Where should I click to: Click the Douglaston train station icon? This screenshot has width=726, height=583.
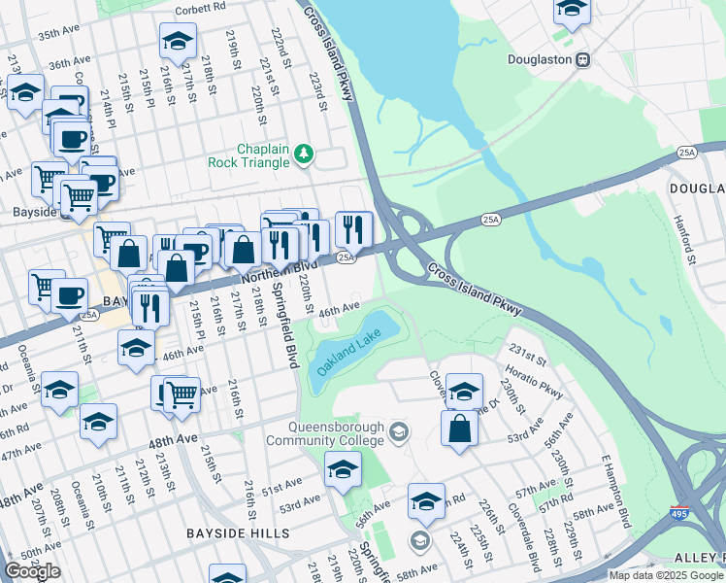pyautogui.click(x=583, y=59)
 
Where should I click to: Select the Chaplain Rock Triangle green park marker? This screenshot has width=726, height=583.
pyautogui.click(x=305, y=153)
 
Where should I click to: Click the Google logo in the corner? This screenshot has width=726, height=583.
pyautogui.click(x=32, y=571)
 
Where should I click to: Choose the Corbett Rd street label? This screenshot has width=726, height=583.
pyautogui.click(x=199, y=11)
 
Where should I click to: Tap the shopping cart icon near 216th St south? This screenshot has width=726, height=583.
pyautogui.click(x=181, y=394)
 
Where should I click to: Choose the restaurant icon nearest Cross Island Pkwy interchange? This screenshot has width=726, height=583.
pyautogui.click(x=353, y=229)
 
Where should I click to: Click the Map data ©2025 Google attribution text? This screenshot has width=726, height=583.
pyautogui.click(x=666, y=575)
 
